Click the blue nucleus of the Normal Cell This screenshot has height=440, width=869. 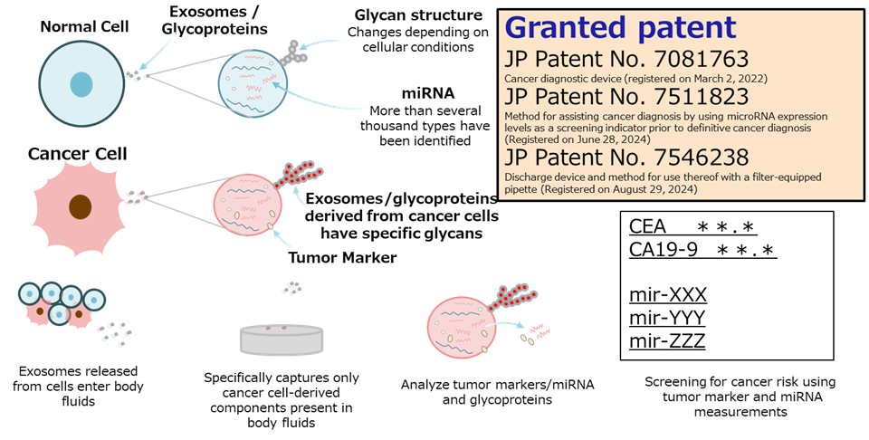(81, 84)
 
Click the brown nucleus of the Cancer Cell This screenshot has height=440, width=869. (81, 206)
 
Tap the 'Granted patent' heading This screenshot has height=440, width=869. (621, 28)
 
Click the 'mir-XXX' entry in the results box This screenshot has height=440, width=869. (668, 294)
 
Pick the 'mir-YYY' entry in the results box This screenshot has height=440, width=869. (667, 318)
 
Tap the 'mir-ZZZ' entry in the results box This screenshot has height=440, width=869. (667, 340)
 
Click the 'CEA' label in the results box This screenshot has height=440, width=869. (647, 226)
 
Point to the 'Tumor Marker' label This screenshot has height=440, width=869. (342, 258)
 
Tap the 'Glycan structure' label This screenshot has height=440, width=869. (418, 15)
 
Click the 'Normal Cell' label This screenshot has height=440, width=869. (84, 26)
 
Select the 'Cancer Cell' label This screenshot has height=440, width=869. (78, 154)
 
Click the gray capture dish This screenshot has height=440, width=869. (282, 340)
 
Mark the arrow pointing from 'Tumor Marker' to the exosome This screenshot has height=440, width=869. (282, 238)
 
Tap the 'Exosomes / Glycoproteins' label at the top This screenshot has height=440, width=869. (215, 20)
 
